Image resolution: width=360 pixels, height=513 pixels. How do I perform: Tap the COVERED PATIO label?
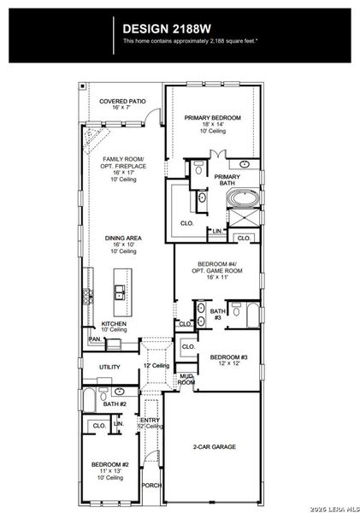(x=122, y=101)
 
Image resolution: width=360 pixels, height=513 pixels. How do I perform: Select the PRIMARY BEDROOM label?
(x=213, y=117)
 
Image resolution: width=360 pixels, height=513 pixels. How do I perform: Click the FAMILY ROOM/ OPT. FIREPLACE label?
(x=122, y=162)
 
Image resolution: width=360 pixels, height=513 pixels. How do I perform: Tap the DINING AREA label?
(x=122, y=239)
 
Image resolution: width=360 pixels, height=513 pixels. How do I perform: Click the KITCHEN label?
(x=114, y=324)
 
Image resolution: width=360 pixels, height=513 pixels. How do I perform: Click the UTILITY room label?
(x=109, y=367)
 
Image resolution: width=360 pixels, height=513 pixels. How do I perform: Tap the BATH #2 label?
(x=115, y=404)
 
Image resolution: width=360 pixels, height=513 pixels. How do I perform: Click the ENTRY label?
(x=150, y=420)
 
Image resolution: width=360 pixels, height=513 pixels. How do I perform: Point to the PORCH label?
(x=151, y=485)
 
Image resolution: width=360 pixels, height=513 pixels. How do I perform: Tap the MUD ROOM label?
(x=186, y=379)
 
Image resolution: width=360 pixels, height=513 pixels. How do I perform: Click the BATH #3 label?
(x=217, y=314)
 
